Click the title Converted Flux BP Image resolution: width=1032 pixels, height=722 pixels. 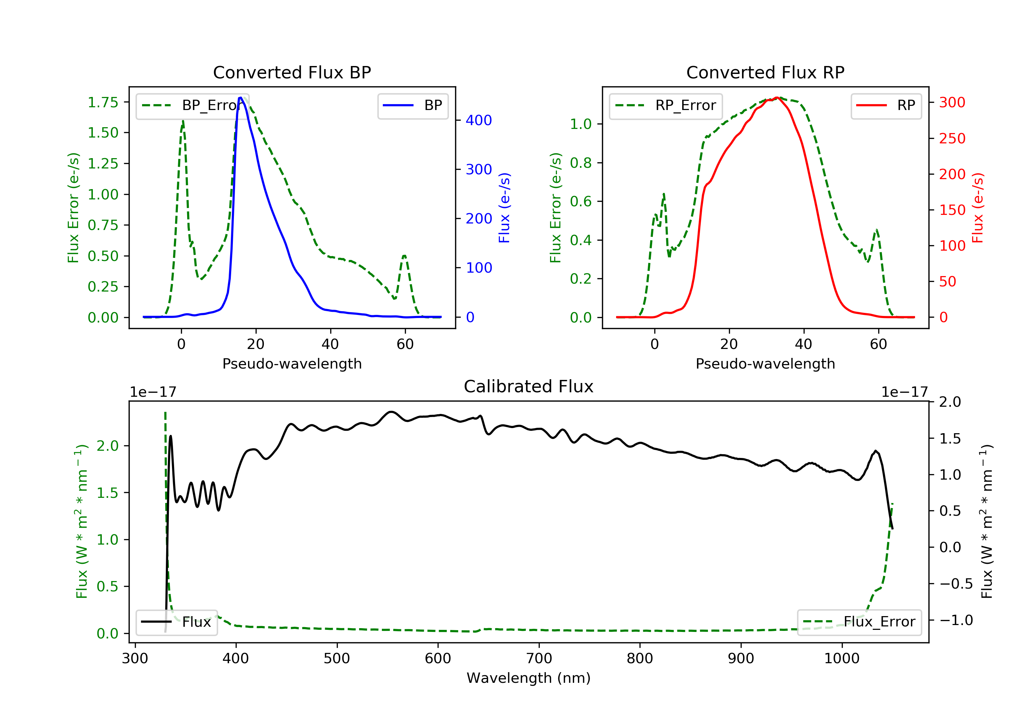click(292, 72)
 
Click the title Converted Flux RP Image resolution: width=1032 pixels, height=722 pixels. click(765, 72)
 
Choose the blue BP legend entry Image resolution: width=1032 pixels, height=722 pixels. click(413, 106)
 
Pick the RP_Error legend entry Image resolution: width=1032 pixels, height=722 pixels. click(666, 106)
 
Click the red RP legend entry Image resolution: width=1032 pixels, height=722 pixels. click(886, 106)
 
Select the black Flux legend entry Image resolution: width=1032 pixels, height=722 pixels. click(177, 622)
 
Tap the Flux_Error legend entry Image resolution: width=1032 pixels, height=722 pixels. click(859, 622)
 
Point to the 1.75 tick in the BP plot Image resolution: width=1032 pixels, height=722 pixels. click(103, 102)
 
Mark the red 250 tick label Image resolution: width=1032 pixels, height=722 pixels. click(952, 138)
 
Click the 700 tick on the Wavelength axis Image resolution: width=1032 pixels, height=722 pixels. click(539, 659)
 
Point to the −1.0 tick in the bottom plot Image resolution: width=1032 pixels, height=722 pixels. click(956, 621)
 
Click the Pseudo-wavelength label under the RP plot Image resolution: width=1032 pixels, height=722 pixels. click(765, 364)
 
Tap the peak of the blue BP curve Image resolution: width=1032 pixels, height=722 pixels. click(240, 98)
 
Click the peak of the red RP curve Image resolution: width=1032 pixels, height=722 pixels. click(777, 98)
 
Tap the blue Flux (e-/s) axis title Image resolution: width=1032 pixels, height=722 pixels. click(504, 208)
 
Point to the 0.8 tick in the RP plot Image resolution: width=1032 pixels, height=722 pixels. click(581, 163)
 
